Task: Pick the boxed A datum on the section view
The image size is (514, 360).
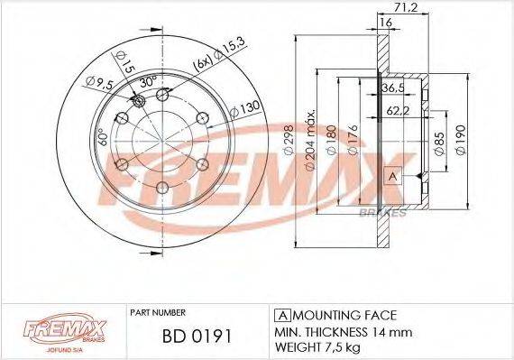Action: (392, 176)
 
